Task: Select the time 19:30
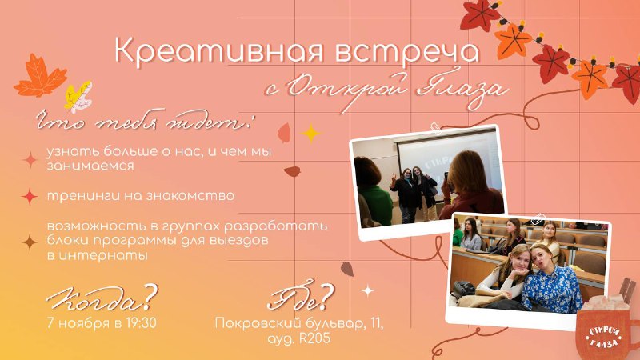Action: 141,323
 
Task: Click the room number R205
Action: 314,338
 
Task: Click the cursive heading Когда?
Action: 102,298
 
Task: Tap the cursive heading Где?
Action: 300,296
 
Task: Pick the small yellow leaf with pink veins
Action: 78,95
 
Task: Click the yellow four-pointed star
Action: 311,133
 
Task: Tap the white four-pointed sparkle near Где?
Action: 368,290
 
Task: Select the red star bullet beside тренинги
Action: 30,197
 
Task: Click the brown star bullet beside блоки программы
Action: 30,242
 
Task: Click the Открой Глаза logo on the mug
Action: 604,338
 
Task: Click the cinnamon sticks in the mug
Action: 626,290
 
